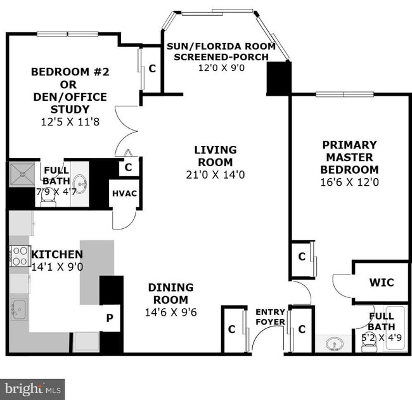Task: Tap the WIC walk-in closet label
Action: (381, 281)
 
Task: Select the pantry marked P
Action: (110, 318)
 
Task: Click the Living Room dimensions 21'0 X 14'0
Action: (215, 174)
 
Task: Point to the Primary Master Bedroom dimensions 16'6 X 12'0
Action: (349, 182)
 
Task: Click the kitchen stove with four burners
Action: (20, 255)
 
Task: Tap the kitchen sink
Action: (18, 309)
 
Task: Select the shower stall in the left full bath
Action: (23, 174)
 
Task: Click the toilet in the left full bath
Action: (48, 198)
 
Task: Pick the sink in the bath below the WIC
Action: (333, 344)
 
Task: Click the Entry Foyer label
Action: (270, 317)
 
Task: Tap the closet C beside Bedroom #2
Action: (152, 69)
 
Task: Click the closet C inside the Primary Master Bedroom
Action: (302, 256)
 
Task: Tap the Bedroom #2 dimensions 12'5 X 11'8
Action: (70, 121)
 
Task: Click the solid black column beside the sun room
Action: (278, 79)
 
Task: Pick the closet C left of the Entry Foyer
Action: (232, 329)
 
